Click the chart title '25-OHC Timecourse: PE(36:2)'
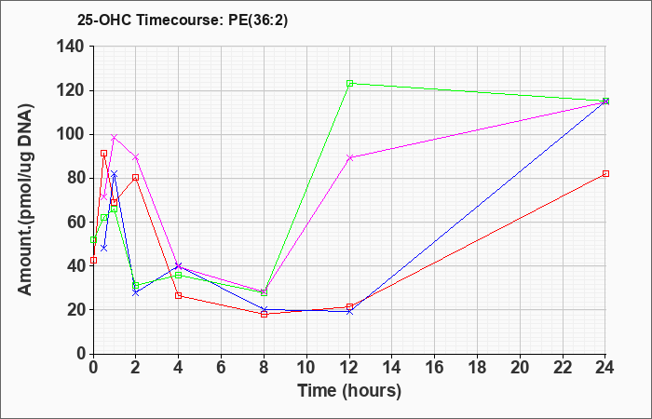click(183, 20)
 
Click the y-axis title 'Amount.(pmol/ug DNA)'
click(25, 199)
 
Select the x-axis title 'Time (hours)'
click(349, 391)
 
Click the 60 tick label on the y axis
click(75, 223)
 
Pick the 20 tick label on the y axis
click(75, 310)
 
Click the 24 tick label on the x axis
click(605, 368)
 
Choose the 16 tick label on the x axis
click(434, 368)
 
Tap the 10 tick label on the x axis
click(306, 368)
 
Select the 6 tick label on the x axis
click(221, 368)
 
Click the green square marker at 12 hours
click(349, 83)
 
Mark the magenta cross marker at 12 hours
click(349, 157)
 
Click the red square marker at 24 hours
click(605, 173)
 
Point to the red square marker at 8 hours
click(264, 314)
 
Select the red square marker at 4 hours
click(179, 295)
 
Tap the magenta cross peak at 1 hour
click(115, 137)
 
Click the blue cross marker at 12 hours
click(349, 311)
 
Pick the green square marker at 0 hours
click(93, 240)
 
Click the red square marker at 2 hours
click(136, 178)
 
